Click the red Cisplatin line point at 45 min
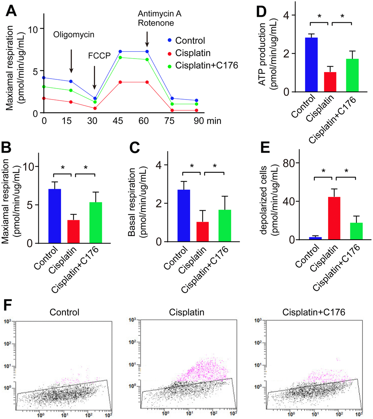(120, 82)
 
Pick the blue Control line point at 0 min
(44, 78)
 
